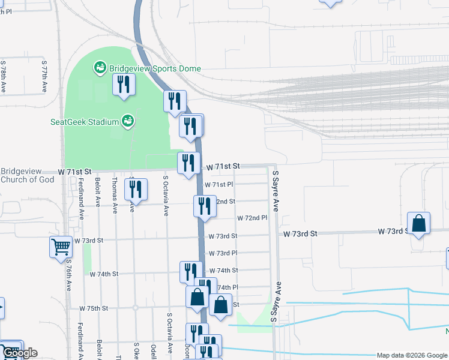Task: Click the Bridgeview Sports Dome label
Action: (155, 68)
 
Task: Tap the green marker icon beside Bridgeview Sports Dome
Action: (100, 68)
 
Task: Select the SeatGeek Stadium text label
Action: (85, 122)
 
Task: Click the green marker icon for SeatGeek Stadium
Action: (127, 122)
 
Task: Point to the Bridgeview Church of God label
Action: (28, 175)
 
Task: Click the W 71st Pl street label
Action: (219, 185)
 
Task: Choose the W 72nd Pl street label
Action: (252, 218)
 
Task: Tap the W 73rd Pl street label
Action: (223, 253)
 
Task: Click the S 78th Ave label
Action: (4, 75)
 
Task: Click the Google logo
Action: (20, 353)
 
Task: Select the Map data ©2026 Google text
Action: (412, 355)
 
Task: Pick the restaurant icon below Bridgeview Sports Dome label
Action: (124, 85)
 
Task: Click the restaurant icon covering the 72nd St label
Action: (204, 206)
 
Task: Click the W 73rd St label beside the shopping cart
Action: (88, 240)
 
